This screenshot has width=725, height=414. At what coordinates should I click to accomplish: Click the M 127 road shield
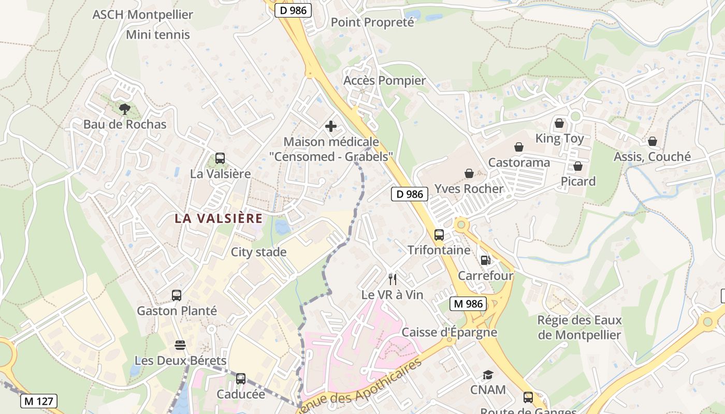tap(39, 401)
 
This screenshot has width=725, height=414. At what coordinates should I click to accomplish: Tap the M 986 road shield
tap(468, 304)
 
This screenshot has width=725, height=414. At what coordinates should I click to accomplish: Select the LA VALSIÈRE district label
tap(219, 218)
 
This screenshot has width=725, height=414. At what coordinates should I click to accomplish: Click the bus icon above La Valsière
tap(220, 158)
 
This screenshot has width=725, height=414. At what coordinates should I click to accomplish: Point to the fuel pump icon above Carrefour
tap(485, 260)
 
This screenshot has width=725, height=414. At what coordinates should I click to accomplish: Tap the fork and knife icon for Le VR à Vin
tap(393, 279)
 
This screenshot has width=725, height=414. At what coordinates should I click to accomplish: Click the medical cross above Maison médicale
tap(331, 126)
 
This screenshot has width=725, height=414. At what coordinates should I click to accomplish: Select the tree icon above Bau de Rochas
tap(124, 109)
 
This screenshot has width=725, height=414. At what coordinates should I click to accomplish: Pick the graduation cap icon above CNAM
tap(488, 375)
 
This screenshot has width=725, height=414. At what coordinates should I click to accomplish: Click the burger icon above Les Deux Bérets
tap(180, 345)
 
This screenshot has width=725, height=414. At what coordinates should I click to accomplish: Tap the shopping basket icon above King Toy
tap(559, 123)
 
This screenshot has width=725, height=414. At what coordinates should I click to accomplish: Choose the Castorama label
tap(519, 162)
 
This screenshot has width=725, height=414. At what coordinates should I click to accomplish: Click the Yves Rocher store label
tap(469, 188)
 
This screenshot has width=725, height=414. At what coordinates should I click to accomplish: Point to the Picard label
tap(578, 181)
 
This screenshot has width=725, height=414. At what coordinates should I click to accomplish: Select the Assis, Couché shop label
tap(652, 156)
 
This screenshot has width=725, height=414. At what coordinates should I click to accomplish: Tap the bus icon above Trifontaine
tap(439, 235)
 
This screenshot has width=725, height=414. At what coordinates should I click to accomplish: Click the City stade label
tap(258, 252)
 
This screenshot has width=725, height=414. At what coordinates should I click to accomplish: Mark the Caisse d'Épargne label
tap(449, 332)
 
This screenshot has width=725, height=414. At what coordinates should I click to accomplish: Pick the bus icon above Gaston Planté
tap(177, 295)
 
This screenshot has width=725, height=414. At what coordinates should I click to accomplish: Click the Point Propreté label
tap(372, 22)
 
